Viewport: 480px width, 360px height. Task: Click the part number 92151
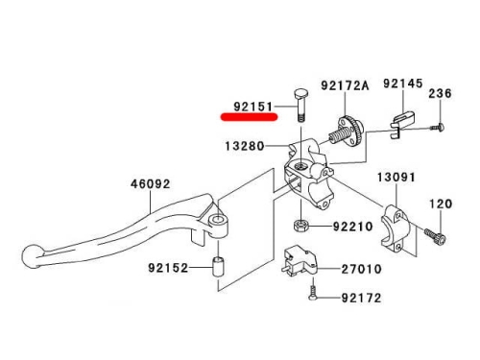tap(252, 107)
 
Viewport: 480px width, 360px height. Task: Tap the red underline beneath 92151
tap(249, 117)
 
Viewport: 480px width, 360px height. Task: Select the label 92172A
tap(345, 85)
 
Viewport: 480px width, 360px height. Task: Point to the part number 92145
tap(403, 84)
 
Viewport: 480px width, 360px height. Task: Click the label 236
tap(440, 93)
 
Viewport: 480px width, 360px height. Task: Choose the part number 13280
tap(245, 146)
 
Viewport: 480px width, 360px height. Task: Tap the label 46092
tap(151, 184)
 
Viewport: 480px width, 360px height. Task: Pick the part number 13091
tap(396, 177)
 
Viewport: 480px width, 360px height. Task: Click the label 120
tap(441, 204)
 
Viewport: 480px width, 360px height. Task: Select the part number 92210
tap(353, 227)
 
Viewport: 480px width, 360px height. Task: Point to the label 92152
tap(168, 268)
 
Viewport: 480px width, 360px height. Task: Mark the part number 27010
tap(362, 269)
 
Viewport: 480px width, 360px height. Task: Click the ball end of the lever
tap(31, 256)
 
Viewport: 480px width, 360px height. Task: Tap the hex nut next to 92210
tap(300, 226)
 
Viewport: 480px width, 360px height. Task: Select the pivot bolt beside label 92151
tap(300, 105)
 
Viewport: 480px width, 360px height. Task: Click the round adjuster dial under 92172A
tap(351, 132)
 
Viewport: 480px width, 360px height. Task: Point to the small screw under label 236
tap(438, 128)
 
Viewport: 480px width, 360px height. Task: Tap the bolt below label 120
tap(435, 236)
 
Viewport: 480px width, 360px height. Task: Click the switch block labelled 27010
tap(299, 258)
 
